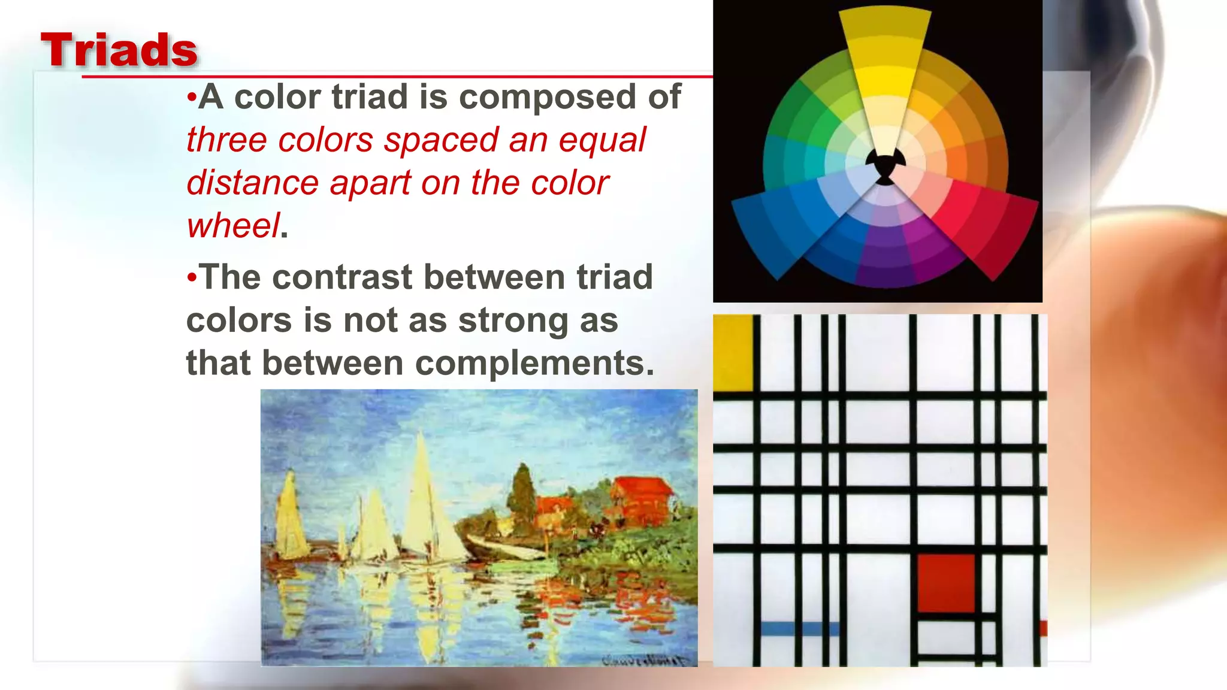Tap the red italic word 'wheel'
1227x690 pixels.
coord(233,226)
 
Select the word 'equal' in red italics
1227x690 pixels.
coord(602,140)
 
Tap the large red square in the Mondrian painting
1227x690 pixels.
coord(946,583)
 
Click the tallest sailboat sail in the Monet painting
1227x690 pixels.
coord(422,497)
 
